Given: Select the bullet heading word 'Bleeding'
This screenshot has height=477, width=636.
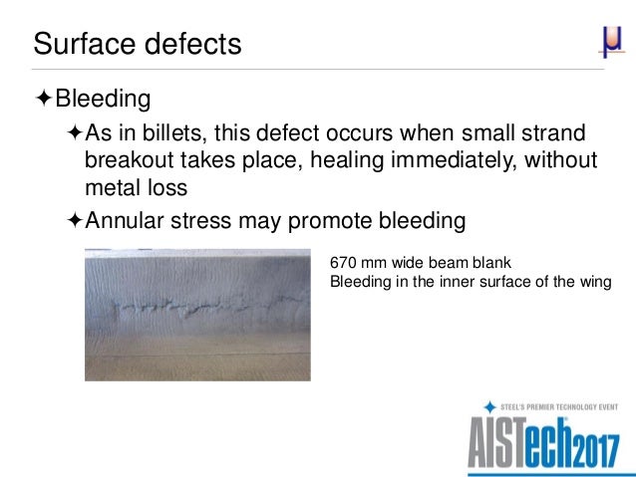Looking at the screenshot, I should tap(103, 99).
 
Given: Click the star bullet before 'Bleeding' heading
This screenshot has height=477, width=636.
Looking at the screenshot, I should tap(43, 99).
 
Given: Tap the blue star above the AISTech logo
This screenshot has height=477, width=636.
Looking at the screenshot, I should tap(489, 406).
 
